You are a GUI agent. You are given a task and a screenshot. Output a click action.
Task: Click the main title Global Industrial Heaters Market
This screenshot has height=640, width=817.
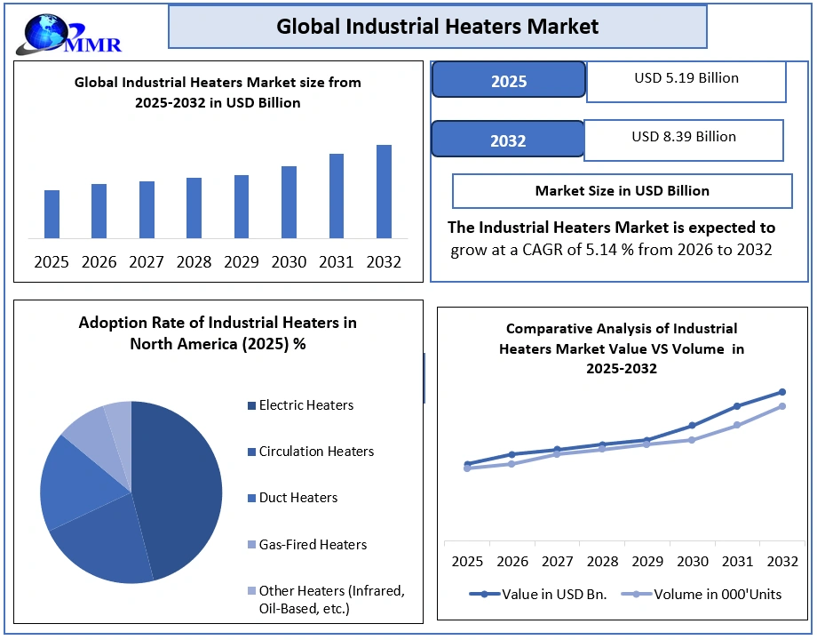coord(437,27)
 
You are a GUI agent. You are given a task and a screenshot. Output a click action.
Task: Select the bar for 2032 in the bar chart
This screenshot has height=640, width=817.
coord(384,191)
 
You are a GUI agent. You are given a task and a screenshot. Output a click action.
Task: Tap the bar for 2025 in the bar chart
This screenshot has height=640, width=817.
coord(52,214)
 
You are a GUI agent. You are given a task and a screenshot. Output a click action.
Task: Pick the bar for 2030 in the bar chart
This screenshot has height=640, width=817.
coord(289,202)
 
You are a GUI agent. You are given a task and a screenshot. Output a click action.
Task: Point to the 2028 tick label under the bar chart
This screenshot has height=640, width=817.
coord(194,262)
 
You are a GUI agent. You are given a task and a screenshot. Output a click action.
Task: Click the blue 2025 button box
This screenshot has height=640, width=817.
coord(508,81)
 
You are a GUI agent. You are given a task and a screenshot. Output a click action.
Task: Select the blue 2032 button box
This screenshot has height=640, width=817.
coord(507,140)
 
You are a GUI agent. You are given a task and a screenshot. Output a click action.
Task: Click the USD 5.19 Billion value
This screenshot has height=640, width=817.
coord(686,78)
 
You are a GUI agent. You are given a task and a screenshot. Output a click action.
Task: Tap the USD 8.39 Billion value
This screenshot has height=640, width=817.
coord(683,137)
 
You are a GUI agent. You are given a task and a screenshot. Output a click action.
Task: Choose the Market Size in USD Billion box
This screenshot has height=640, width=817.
coord(622,190)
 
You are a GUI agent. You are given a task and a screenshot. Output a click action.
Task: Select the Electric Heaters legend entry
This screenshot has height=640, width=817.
coord(305,405)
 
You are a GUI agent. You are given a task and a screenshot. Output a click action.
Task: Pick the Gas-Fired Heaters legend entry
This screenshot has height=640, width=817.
coord(312,545)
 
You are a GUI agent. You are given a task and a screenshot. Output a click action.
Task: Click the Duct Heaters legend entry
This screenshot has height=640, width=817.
coord(297,498)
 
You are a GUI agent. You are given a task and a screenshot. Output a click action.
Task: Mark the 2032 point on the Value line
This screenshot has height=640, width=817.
coord(782,392)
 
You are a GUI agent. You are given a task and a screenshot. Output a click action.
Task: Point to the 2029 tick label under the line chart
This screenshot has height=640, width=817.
coord(647,562)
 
